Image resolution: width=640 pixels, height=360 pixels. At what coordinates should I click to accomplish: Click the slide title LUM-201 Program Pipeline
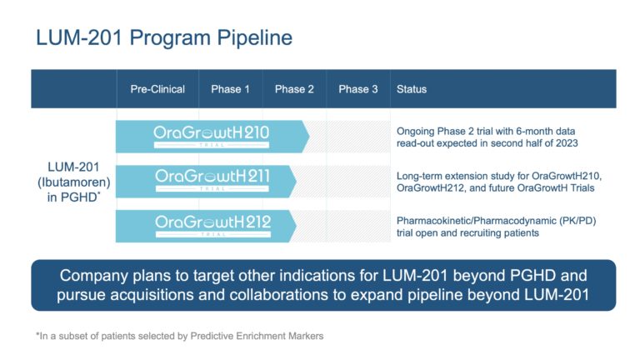[163, 38]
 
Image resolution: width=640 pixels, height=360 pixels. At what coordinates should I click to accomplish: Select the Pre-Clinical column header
[157, 89]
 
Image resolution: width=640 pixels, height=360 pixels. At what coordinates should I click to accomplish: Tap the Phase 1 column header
[230, 89]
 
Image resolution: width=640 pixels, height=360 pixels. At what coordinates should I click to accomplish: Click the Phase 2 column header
[294, 89]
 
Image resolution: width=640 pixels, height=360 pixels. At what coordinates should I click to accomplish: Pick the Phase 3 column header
[357, 89]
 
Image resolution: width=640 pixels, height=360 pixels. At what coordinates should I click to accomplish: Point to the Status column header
[412, 89]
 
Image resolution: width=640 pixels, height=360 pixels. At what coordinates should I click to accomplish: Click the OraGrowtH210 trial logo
[211, 135]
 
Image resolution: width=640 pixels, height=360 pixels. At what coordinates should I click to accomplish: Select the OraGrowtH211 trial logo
[211, 180]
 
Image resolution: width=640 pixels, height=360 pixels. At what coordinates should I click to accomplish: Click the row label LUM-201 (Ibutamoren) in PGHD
[73, 180]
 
